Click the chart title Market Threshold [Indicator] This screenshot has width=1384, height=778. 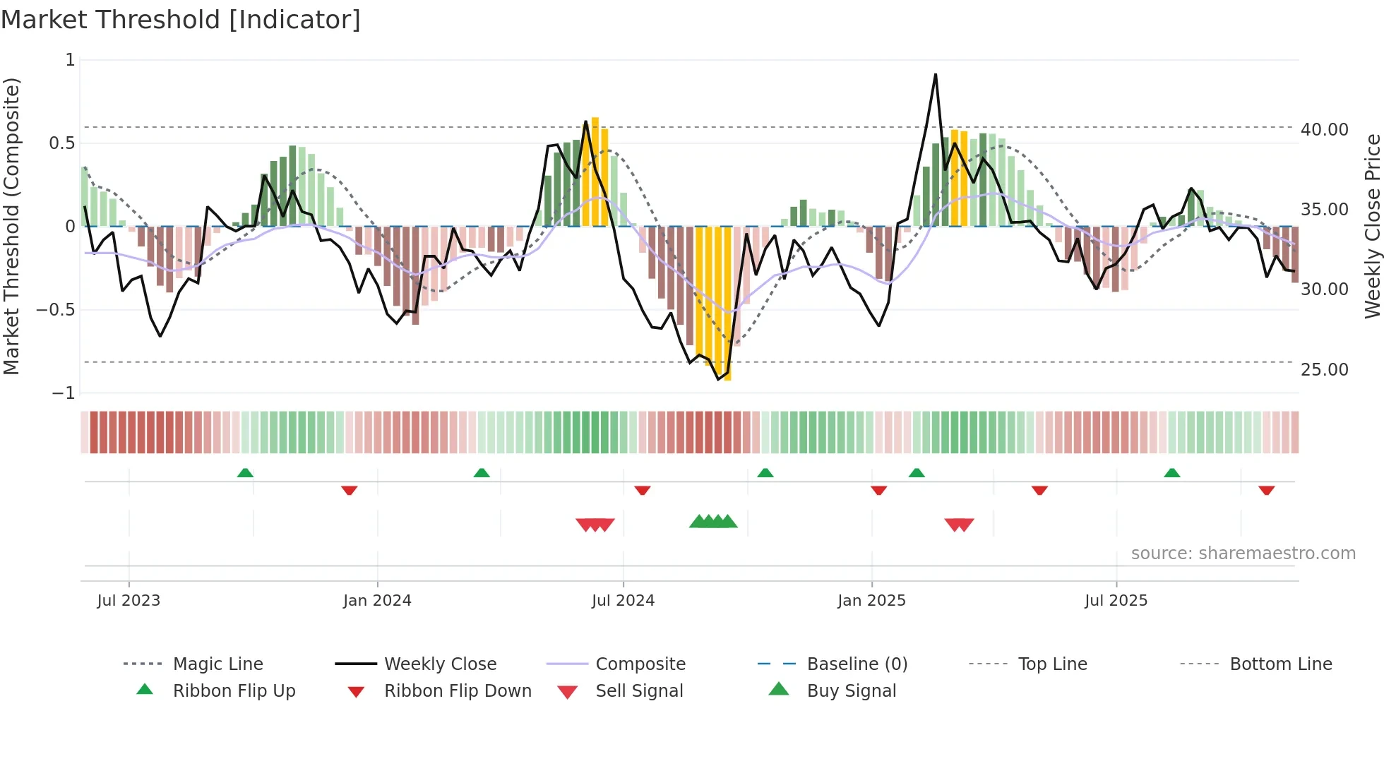point(181,20)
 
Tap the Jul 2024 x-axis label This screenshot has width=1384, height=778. point(623,601)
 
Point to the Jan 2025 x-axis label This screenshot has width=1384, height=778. point(871,601)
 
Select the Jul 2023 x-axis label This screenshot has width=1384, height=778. point(129,601)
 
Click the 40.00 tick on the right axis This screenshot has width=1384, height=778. point(1324,130)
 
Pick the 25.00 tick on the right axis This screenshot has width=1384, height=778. point(1324,370)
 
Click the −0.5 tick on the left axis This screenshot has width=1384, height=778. point(55,310)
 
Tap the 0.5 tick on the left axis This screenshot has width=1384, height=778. point(61,143)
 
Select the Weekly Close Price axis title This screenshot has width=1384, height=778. point(1372,226)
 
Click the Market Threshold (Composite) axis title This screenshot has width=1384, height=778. point(11,226)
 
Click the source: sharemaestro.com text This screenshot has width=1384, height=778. point(1243,553)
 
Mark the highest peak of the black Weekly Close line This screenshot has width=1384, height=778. point(936,75)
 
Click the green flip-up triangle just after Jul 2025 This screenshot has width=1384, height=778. point(1171,473)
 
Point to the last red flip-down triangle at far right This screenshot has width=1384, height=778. point(1266,490)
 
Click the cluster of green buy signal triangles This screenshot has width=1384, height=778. point(713,522)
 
